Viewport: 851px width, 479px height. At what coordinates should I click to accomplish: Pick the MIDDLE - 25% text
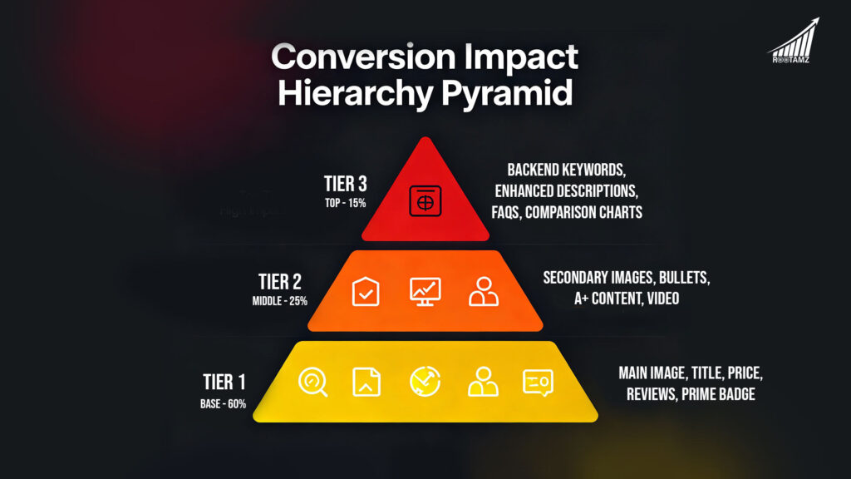(x=280, y=300)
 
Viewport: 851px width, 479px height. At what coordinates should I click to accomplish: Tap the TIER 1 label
(x=224, y=382)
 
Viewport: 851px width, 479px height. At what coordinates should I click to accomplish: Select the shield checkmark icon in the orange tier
(x=366, y=291)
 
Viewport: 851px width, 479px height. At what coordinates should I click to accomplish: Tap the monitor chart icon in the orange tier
(x=425, y=291)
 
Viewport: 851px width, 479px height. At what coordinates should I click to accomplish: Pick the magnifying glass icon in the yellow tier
(x=313, y=382)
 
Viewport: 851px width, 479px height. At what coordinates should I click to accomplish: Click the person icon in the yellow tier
(x=483, y=382)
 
